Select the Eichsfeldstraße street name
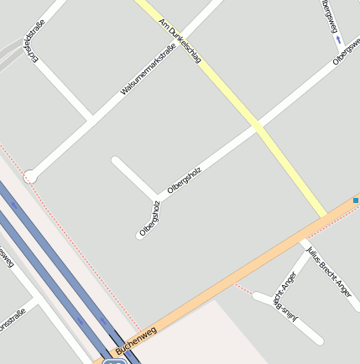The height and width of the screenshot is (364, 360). (35, 40)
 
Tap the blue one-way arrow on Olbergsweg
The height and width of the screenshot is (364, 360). (337, 39)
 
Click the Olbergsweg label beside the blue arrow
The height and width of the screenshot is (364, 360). (330, 18)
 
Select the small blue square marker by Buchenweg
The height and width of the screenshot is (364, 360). (356, 200)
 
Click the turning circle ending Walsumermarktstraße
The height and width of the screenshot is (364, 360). (30, 176)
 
